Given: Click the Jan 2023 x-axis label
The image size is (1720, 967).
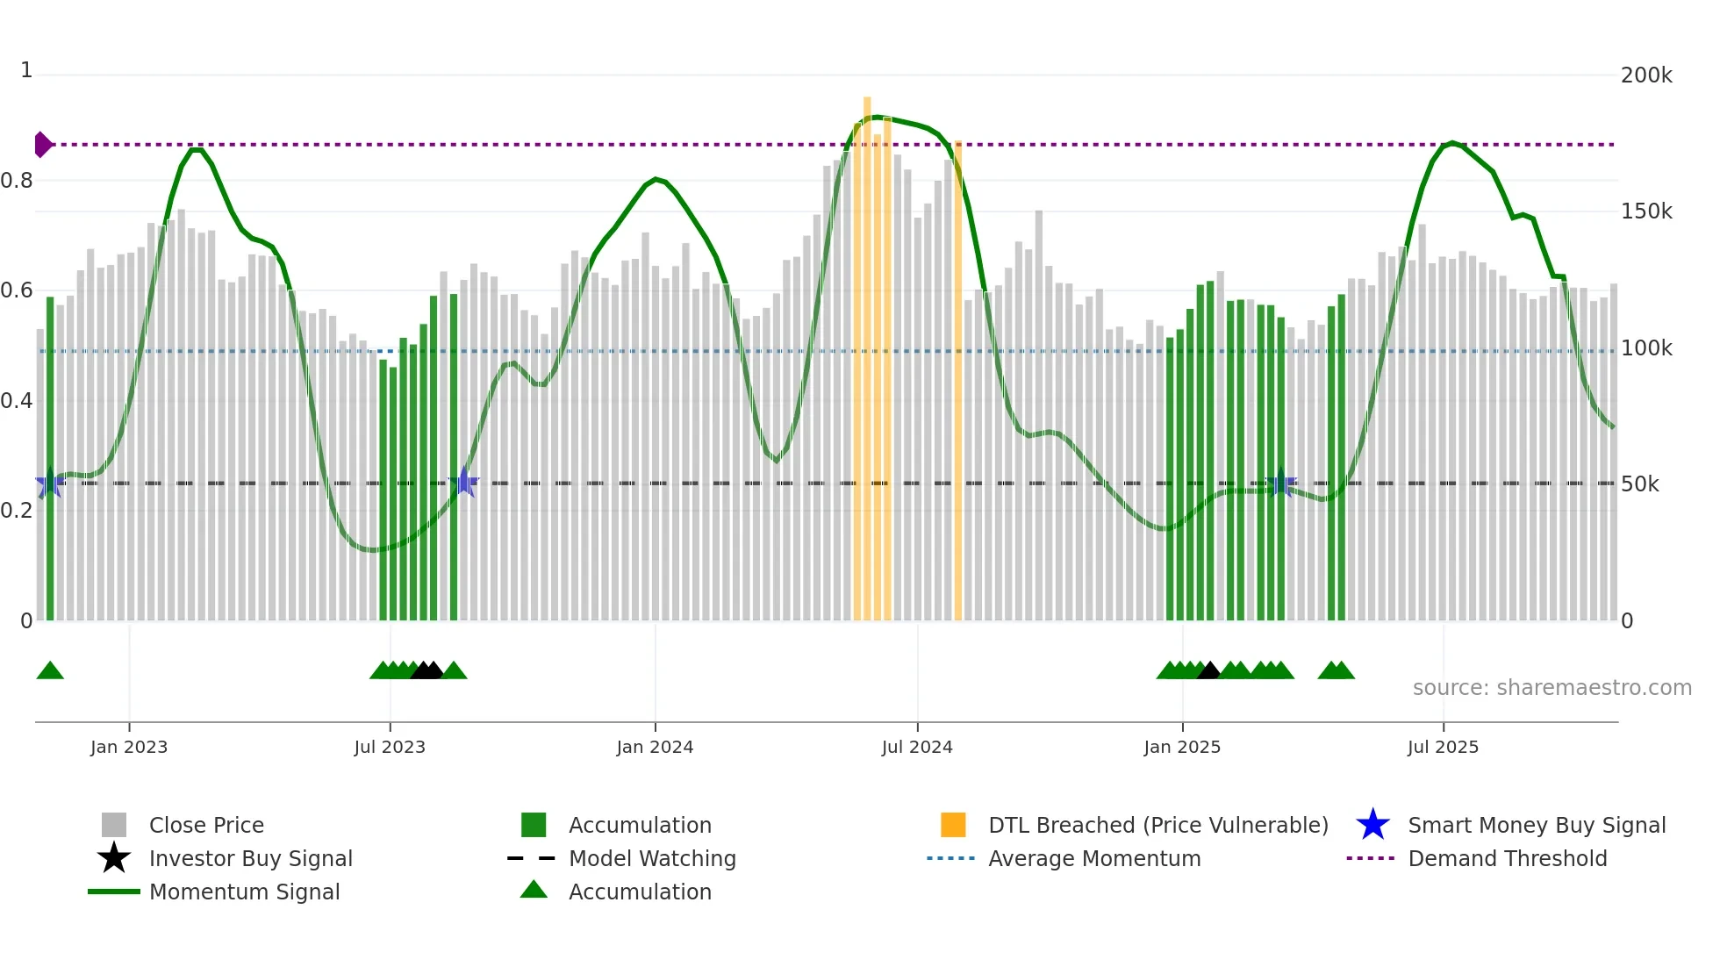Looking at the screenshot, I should tap(129, 747).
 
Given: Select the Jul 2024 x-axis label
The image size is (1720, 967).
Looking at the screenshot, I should tap(917, 747).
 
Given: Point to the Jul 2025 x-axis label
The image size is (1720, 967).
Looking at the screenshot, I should tap(1443, 747).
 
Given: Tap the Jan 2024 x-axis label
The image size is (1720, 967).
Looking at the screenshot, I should tap(655, 747).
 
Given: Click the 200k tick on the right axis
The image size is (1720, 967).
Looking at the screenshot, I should tap(1646, 75).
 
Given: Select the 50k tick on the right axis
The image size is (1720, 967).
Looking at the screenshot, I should tap(1639, 484).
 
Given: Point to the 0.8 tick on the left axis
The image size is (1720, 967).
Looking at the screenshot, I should tap(18, 181).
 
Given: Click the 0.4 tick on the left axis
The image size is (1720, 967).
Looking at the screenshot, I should tap(18, 401).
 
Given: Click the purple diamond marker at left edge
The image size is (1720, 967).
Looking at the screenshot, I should tap(42, 145).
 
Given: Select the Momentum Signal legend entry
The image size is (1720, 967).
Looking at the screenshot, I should tap(244, 892).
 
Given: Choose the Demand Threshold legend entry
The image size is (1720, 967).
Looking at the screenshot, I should tap(1507, 858).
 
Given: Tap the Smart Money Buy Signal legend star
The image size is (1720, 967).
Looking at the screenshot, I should tap(1372, 825).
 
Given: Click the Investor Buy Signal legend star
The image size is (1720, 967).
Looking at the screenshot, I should tap(114, 858).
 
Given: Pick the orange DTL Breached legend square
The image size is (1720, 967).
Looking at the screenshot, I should tap(953, 825).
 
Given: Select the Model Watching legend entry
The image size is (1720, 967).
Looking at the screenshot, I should tap(651, 858).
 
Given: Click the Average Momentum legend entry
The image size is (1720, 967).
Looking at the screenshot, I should tap(1093, 858).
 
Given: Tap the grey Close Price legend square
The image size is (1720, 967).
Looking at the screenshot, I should tap(114, 825).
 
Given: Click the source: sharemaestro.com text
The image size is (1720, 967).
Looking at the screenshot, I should tap(1552, 688).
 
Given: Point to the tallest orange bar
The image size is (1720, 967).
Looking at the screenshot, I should tap(867, 351).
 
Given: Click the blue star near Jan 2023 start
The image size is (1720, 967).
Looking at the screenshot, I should tap(49, 483).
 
